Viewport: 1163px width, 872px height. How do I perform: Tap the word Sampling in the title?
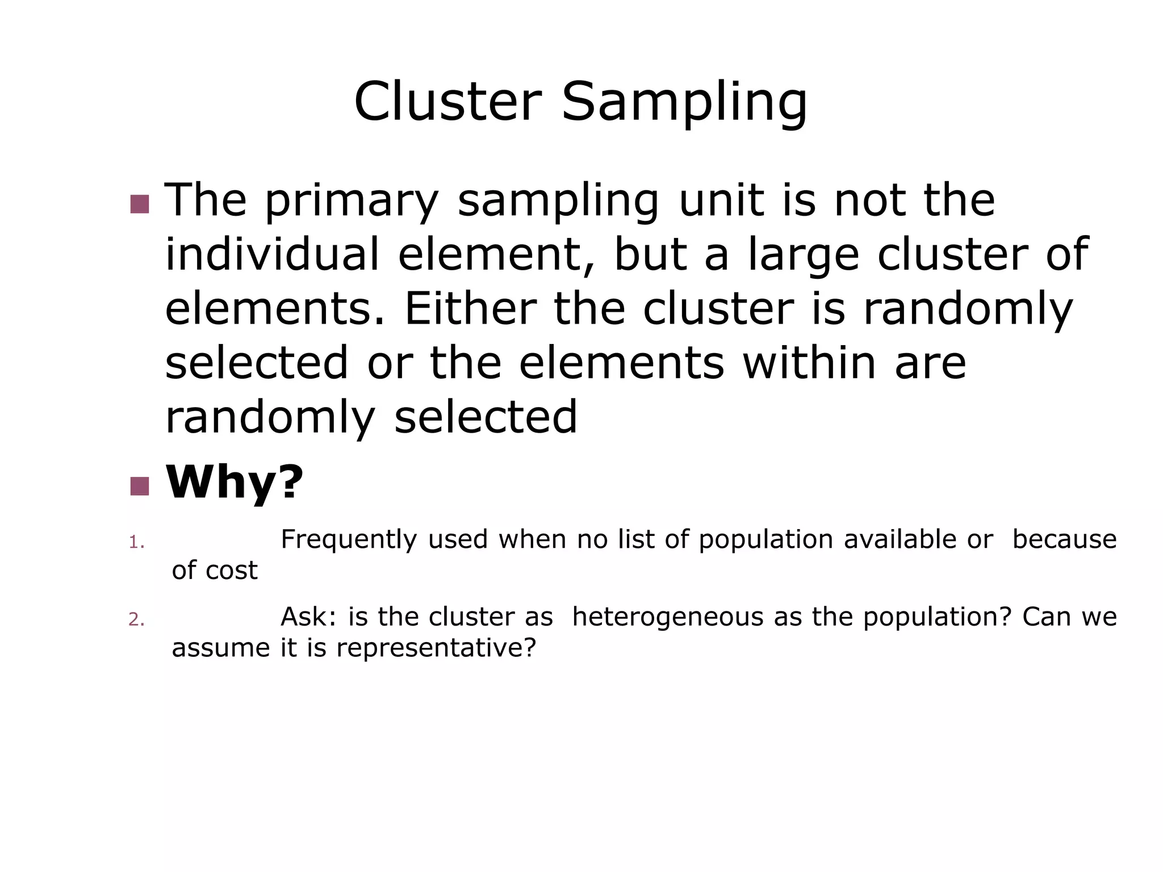coord(684,103)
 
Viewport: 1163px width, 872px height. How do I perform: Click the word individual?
coord(272,254)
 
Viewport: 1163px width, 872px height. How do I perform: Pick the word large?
coord(803,255)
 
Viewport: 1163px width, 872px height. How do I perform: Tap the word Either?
coord(470,309)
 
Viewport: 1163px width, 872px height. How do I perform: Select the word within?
coord(809,363)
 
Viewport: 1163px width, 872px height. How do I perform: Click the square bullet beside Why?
coord(140,486)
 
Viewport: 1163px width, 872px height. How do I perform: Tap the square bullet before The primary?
coord(140,204)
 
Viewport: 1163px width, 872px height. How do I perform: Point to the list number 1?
coord(136,543)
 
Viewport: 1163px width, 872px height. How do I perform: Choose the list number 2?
coord(136,620)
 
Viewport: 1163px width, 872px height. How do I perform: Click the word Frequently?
coord(349,539)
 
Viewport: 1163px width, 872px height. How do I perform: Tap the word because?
coord(1064,539)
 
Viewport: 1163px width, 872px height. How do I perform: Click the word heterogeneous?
coord(667,617)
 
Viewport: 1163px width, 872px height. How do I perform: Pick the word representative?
coord(436,648)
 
